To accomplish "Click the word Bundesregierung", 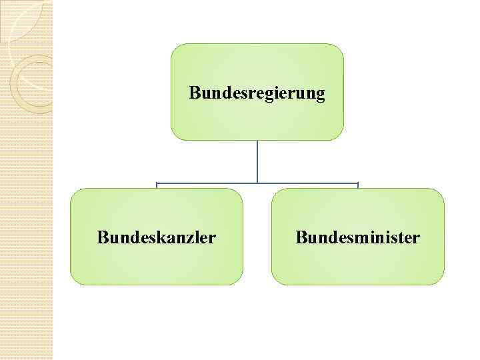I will [257, 93].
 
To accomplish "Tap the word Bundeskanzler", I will [156, 237].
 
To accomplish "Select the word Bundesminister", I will [358, 237].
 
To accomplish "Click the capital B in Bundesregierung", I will [195, 92].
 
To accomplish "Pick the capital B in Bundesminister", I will [301, 237].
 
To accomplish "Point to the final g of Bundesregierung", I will [320, 95].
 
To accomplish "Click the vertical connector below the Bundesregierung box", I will [257, 160].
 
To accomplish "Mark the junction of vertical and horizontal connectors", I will [257, 183].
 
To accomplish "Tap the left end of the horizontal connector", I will [157, 183].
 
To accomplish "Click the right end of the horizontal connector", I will [358, 183].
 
